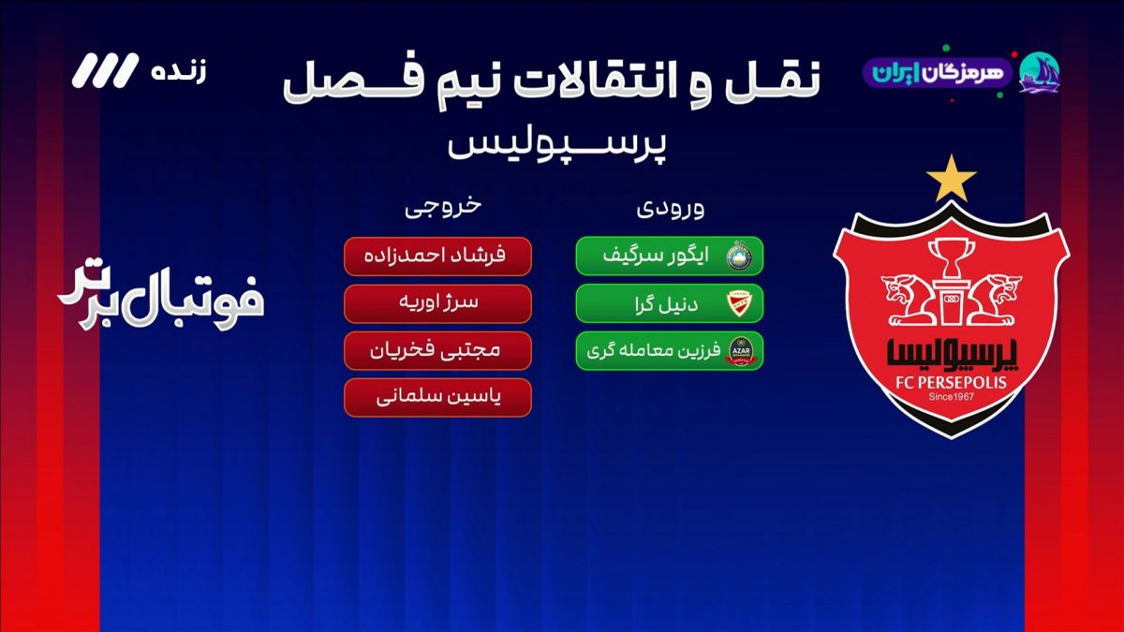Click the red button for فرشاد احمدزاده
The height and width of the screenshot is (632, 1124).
coord(437,257)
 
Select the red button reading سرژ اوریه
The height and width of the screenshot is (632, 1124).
coord(437,303)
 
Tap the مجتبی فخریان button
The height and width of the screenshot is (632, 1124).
coord(437,350)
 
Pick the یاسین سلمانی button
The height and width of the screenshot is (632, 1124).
coord(437,398)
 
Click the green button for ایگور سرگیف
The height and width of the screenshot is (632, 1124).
coord(670,257)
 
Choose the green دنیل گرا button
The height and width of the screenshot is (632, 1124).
coord(670,303)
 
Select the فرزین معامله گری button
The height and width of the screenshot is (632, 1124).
coord(670,350)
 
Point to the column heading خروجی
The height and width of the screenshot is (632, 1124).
coord(444,207)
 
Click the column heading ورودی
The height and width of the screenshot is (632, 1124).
coord(671,208)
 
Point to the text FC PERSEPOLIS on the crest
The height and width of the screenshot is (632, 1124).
coord(952,383)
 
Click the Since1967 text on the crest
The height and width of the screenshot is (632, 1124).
coord(952,397)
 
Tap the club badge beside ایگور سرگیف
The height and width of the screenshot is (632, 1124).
coord(740,257)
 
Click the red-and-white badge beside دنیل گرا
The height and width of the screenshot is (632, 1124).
coord(740,303)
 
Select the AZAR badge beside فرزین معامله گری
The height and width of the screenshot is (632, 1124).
coord(741,351)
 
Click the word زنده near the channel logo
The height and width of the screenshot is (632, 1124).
coord(179,72)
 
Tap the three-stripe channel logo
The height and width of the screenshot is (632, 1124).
coord(105,70)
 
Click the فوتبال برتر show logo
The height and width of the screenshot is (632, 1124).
coord(160,296)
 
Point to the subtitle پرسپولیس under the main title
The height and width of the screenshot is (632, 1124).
coord(557,144)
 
